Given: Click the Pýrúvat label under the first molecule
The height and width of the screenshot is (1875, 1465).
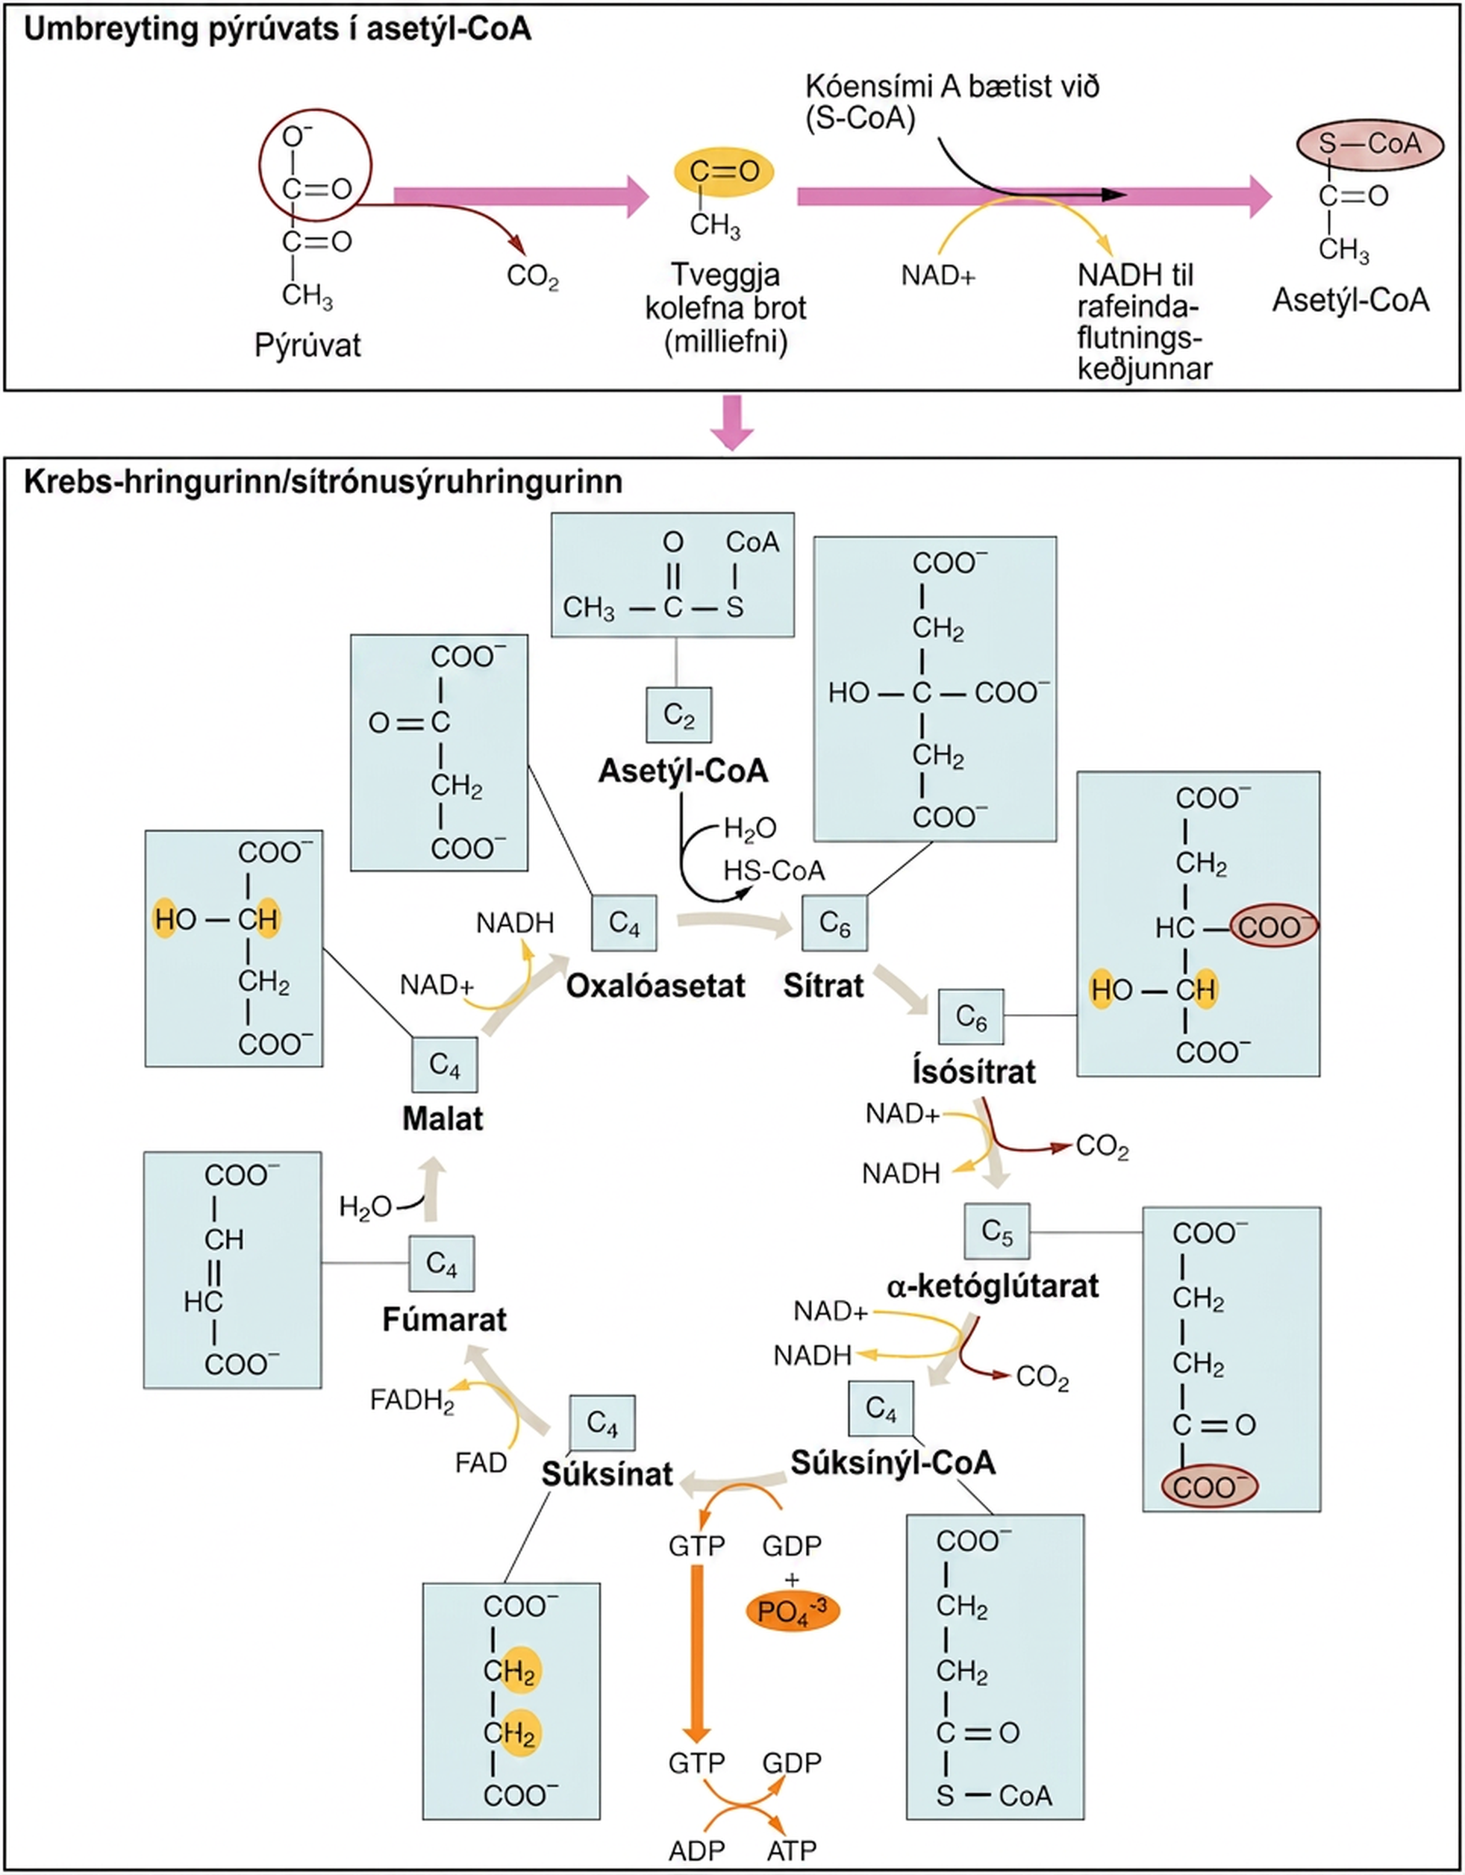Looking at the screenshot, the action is [x=307, y=346].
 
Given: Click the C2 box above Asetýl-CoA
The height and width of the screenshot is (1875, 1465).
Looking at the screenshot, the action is [x=678, y=715].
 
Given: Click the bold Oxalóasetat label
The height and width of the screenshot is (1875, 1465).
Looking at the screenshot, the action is [x=655, y=986].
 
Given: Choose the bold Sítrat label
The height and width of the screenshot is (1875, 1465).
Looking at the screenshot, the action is [x=822, y=986].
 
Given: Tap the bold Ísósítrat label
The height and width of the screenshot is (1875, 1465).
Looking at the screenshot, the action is [x=974, y=1071].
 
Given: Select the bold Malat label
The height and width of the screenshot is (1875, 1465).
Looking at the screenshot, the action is [x=443, y=1118].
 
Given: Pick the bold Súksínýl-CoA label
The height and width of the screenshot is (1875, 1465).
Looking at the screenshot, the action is [x=893, y=1463].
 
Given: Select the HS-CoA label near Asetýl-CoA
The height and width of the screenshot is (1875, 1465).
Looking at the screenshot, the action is [x=774, y=871].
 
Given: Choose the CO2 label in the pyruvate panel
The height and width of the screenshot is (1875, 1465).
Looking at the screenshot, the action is [x=532, y=277].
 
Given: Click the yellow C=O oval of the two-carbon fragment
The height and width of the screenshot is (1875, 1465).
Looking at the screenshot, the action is [x=723, y=171].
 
